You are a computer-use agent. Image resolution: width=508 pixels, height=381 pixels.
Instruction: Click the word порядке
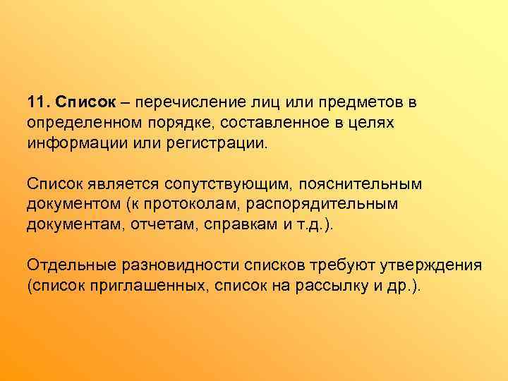(176, 123)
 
